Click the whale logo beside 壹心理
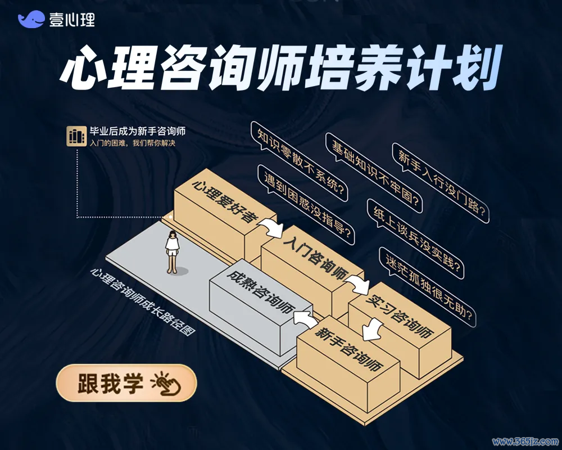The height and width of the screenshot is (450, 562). click(31, 19)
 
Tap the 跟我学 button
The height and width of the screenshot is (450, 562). click(126, 382)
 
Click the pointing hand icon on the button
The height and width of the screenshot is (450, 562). click(166, 384)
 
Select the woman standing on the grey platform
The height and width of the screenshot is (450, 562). click(173, 251)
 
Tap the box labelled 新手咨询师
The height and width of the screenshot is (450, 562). click(348, 362)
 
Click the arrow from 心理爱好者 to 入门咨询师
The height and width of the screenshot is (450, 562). click(271, 227)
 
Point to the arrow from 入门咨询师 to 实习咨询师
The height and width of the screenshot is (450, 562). click(357, 283)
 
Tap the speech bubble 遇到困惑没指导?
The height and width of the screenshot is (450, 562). click(306, 205)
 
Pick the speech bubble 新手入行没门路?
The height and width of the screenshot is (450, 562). click(441, 183)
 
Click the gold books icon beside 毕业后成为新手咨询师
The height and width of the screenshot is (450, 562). click(76, 136)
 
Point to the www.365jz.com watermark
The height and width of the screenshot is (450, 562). click(525, 442)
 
